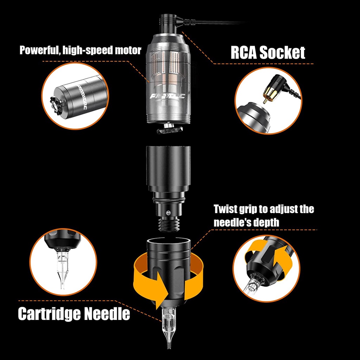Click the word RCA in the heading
[x=244, y=53]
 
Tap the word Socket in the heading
[x=282, y=53]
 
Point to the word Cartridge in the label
[x=49, y=314]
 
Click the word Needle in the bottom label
[x=107, y=314]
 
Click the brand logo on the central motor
[x=167, y=96]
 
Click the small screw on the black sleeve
[x=169, y=212]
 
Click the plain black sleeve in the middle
[x=168, y=169]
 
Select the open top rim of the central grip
[x=169, y=241]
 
